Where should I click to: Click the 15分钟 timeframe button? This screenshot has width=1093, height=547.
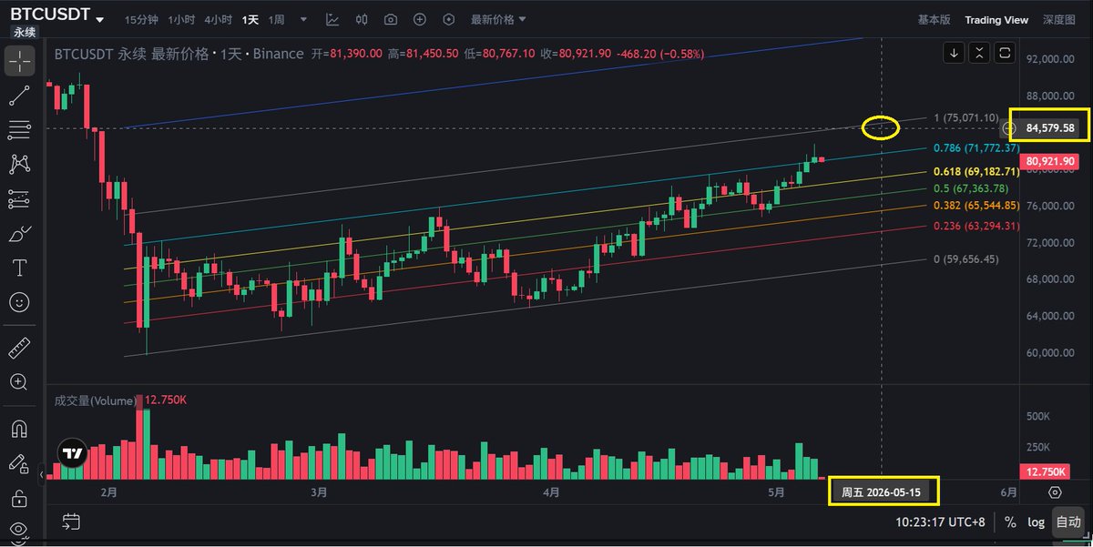[141, 20]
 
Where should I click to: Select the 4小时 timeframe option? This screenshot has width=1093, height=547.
[218, 20]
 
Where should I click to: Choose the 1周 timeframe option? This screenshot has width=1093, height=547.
[276, 20]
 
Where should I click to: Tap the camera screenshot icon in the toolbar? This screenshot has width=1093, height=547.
[391, 19]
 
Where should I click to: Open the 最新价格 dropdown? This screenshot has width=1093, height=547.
[497, 19]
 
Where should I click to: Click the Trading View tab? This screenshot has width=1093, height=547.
[996, 20]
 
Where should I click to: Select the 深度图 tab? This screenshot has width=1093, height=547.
[1058, 20]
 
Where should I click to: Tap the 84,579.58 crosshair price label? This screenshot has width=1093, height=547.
[1049, 128]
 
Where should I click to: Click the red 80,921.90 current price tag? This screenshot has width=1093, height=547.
[1049, 161]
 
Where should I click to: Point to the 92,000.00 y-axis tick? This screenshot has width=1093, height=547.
[1050, 59]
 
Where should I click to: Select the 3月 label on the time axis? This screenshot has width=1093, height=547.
[319, 492]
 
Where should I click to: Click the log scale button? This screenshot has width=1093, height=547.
[1036, 522]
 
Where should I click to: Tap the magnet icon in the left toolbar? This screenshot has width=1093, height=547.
[19, 430]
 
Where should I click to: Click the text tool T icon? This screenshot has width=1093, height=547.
[19, 268]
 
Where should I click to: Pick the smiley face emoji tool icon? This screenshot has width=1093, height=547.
[19, 302]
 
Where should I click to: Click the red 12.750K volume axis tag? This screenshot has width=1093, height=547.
[1045, 472]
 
